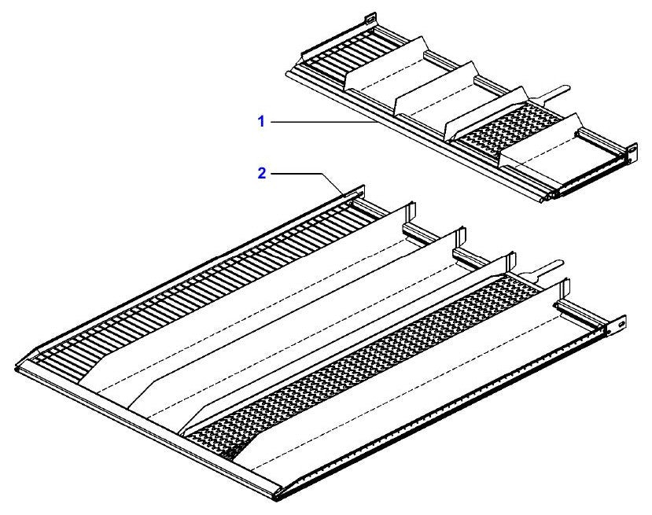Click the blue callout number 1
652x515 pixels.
click(x=261, y=122)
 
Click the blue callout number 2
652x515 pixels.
click(x=262, y=173)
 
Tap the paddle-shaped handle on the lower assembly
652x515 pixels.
click(x=544, y=266)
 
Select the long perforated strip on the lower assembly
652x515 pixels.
click(x=366, y=366)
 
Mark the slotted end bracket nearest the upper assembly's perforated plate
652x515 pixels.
click(x=632, y=150)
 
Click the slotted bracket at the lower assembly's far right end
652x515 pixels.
click(x=621, y=323)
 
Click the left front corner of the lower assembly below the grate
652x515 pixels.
click(x=17, y=368)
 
